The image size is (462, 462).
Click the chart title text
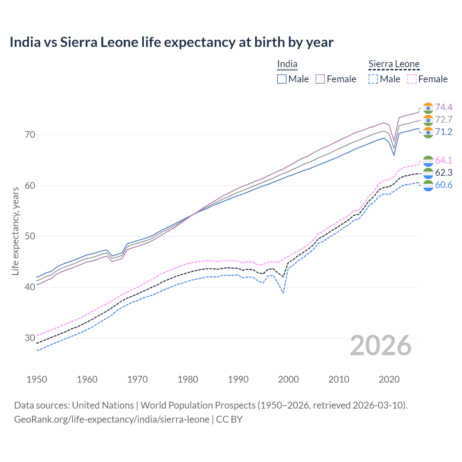171,42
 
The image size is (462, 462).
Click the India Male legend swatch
282,79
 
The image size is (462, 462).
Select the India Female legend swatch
320,79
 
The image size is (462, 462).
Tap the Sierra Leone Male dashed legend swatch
373,79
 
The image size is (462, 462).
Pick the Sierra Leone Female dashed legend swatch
412,79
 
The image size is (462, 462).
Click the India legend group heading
287,64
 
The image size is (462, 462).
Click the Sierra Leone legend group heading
394,64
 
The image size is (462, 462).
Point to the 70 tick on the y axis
30,135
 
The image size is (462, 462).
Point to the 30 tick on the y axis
30,338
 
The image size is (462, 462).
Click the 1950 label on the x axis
37,379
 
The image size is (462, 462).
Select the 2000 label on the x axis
288,379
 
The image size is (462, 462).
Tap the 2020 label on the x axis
389,379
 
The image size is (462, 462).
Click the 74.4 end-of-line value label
444,107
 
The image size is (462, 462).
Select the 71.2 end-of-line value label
444,132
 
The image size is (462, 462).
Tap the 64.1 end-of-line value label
444,160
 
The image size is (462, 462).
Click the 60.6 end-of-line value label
444,185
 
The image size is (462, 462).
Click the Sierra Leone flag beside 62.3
428,173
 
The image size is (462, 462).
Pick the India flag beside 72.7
428,120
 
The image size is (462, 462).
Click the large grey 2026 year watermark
381,345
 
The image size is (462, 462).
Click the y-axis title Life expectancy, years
16,231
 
